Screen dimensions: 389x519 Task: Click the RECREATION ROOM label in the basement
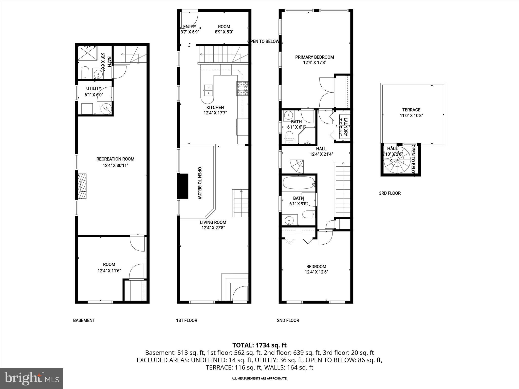(x=115, y=159)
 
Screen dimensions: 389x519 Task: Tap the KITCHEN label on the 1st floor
(x=215, y=107)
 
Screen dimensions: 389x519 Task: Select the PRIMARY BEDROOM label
(x=314, y=57)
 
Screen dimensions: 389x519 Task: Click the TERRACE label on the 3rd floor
(x=411, y=110)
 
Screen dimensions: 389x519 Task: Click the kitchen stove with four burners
(x=243, y=88)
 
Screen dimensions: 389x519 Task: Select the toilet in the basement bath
(x=85, y=72)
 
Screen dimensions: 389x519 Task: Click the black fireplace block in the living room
(x=183, y=186)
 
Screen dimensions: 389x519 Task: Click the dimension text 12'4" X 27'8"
(x=213, y=228)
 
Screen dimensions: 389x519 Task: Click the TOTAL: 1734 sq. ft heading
(x=259, y=345)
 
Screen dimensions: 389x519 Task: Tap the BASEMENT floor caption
(x=84, y=320)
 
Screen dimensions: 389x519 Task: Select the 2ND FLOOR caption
(x=288, y=320)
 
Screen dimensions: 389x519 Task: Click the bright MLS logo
(x=32, y=378)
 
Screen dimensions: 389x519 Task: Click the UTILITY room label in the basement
(x=94, y=89)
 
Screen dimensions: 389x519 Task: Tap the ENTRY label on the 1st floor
(x=190, y=27)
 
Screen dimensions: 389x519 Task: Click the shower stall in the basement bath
(x=87, y=53)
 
